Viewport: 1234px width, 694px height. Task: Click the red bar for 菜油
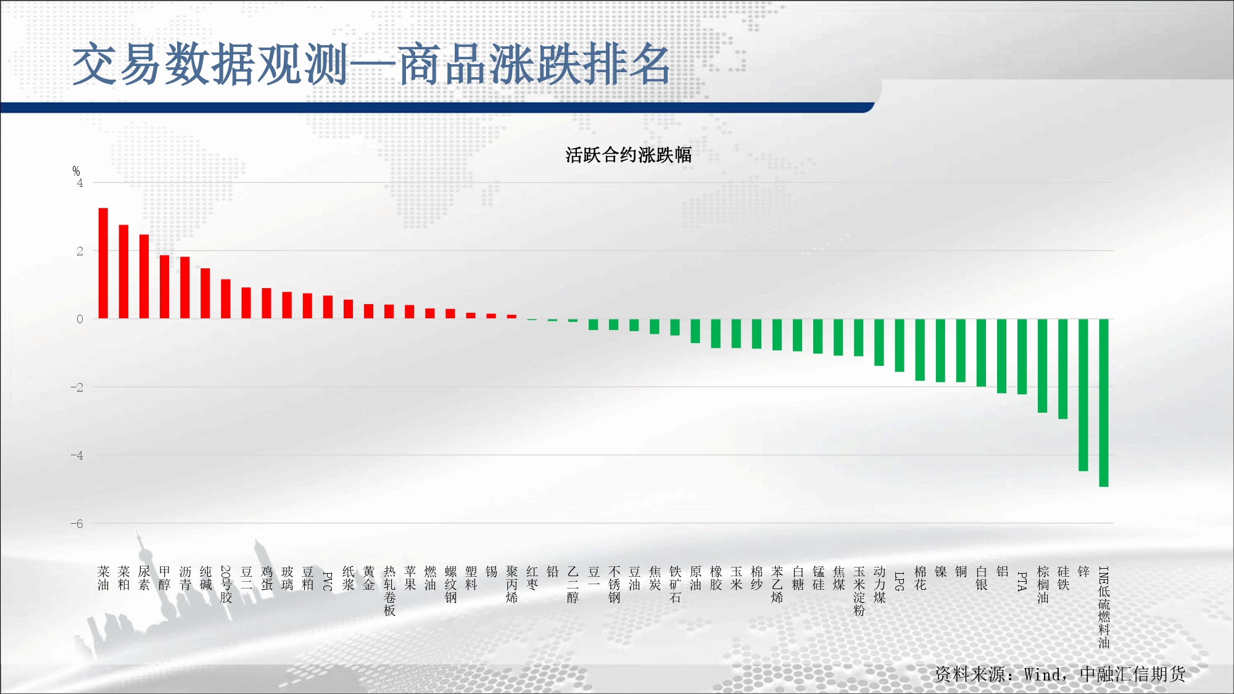103,263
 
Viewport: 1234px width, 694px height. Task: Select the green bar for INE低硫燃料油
1104,403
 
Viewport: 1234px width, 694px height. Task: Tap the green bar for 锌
1083,395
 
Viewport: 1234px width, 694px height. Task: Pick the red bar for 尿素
144,276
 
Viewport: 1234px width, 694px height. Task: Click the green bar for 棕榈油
1043,366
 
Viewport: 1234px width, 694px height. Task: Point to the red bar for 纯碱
205,294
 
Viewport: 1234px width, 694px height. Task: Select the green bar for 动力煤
879,342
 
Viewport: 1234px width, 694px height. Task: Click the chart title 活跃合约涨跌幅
628,155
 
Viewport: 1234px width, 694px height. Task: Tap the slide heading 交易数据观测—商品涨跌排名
371,64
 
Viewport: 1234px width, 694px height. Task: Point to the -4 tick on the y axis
77,455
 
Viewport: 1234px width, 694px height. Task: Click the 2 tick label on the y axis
80,251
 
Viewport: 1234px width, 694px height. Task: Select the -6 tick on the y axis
77,524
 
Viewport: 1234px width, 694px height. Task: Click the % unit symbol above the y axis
76,171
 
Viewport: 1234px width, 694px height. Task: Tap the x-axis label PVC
328,581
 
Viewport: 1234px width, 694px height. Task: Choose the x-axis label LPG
900,581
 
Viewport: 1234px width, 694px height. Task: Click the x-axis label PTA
1022,581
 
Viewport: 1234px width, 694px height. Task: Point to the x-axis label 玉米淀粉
859,591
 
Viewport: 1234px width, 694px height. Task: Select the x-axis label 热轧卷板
389,591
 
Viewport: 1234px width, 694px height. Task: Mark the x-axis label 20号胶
226,584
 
